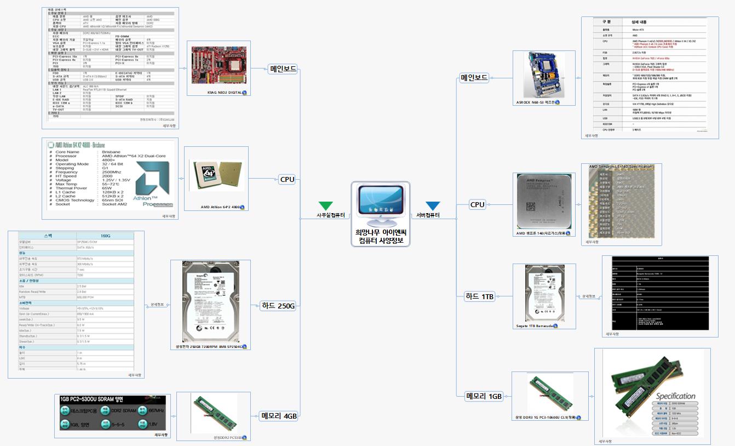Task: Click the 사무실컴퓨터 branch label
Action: point(331,215)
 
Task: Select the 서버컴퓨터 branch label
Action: point(428,215)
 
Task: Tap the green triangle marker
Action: point(325,205)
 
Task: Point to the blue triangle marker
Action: point(433,205)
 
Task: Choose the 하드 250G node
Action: point(278,306)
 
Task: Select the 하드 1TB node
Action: point(479,296)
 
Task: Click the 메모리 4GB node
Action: point(279,416)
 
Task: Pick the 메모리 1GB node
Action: point(484,396)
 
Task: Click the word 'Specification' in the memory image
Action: point(676,396)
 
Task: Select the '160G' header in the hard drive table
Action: point(105,236)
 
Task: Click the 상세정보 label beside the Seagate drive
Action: point(588,296)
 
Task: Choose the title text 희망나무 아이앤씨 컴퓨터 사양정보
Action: point(380,236)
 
